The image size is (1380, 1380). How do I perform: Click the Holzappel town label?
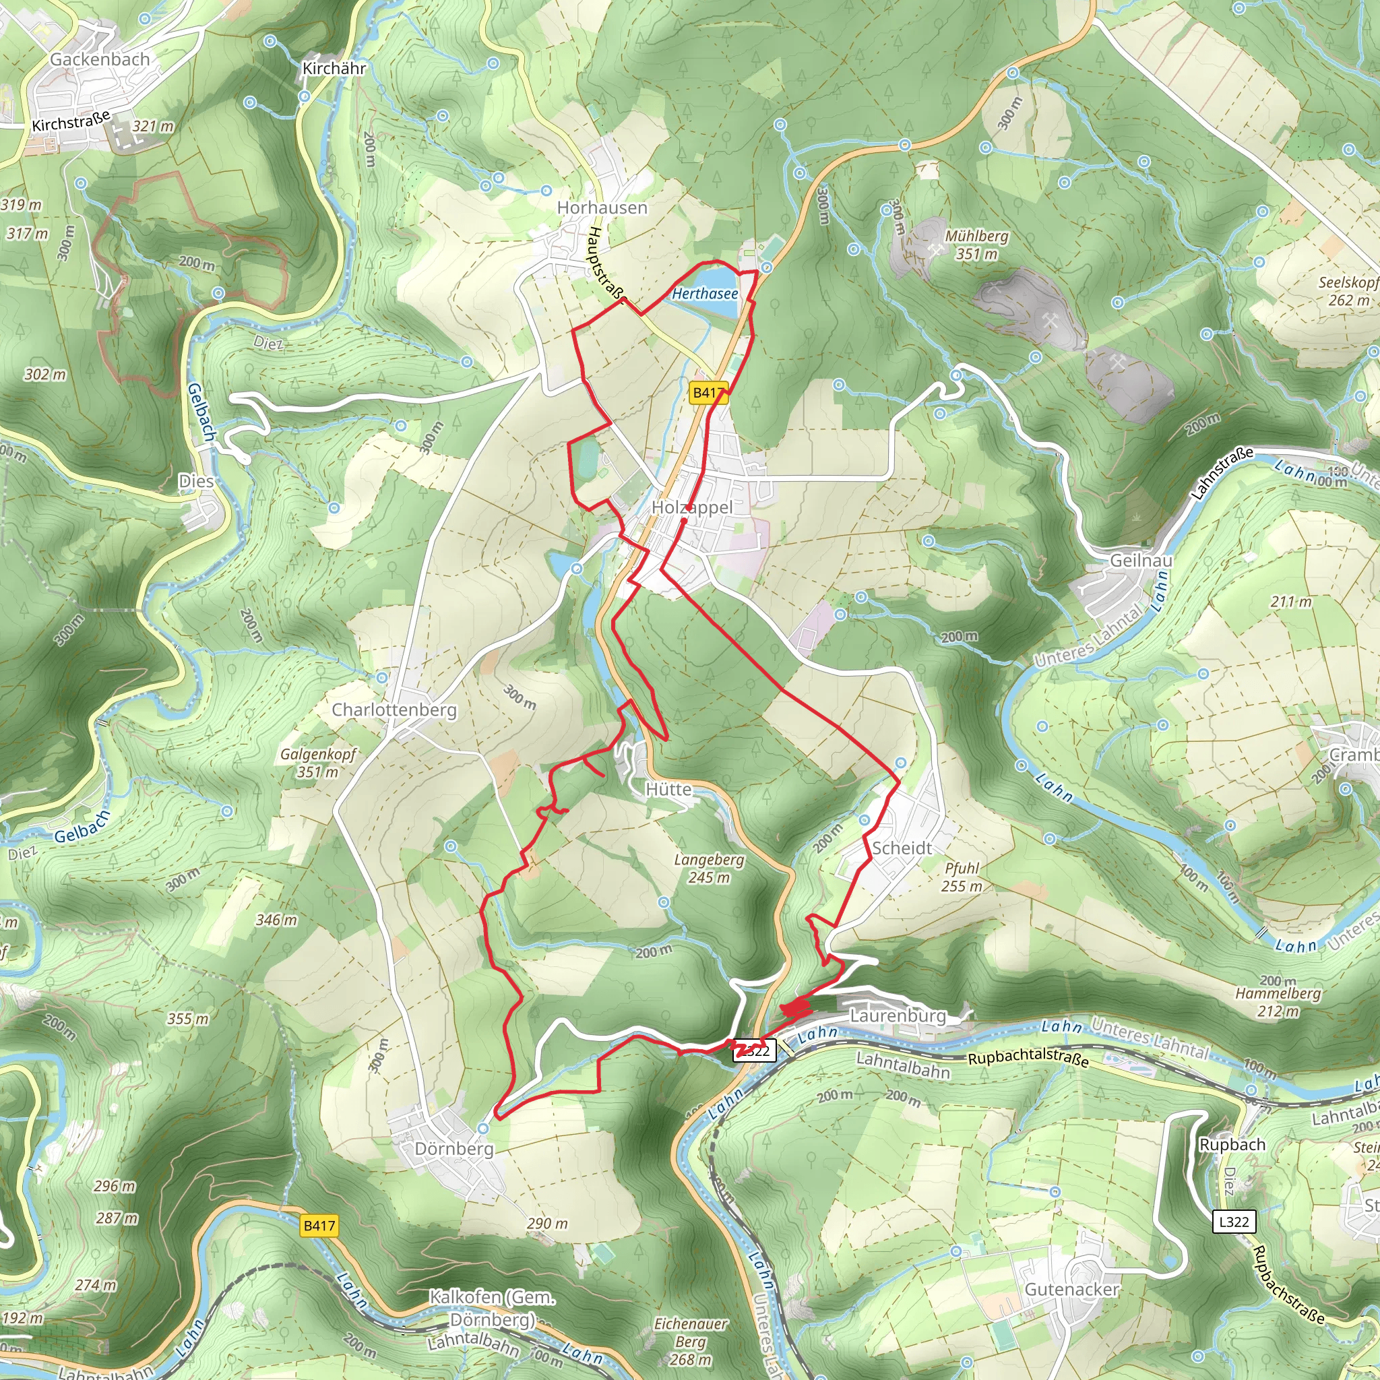click(x=691, y=507)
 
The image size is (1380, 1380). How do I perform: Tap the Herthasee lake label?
click(x=704, y=294)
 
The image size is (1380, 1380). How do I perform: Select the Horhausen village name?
click(x=602, y=208)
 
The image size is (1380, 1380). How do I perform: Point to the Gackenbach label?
click(x=100, y=60)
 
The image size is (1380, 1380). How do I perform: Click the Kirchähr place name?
click(x=334, y=69)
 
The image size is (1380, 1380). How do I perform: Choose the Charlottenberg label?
click(x=394, y=710)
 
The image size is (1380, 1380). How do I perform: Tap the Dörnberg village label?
click(x=453, y=1149)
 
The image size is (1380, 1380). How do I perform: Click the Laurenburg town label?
click(x=897, y=1015)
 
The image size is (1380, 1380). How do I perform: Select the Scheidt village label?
click(x=902, y=848)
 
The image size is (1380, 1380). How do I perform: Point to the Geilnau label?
click(x=1141, y=561)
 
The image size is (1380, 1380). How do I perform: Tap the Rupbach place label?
click(x=1232, y=1144)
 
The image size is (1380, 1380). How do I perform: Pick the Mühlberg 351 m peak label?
click(x=976, y=245)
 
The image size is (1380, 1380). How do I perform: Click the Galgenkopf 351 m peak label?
click(x=318, y=763)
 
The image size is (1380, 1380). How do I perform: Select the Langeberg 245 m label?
click(x=709, y=869)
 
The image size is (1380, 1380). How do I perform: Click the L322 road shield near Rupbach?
click(x=1234, y=1222)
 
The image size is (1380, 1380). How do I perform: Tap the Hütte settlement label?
click(x=668, y=789)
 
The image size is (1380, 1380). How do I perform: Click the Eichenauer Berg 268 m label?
click(x=691, y=1342)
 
